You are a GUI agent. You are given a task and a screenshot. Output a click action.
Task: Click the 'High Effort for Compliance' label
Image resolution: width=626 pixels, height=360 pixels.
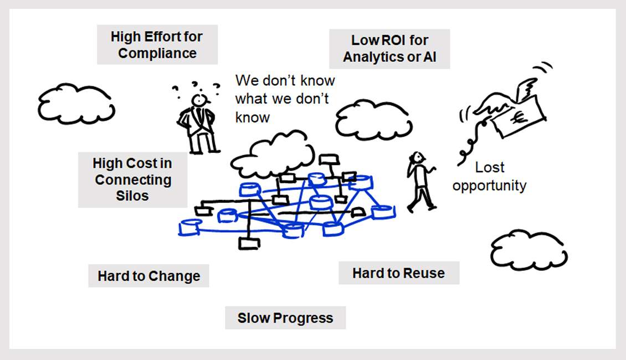coord(157,45)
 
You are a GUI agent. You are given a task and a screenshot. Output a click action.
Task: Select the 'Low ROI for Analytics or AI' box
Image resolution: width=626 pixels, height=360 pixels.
coord(389,49)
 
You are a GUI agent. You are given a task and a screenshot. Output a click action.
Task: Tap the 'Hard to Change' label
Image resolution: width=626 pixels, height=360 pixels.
coord(148,276)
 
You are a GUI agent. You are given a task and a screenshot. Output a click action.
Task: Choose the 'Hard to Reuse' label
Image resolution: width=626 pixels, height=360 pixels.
coord(398,273)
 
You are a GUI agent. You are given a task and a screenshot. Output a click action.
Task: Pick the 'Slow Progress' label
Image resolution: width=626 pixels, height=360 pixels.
coord(285,318)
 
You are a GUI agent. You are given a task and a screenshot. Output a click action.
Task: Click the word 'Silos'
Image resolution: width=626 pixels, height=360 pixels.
coord(132,196)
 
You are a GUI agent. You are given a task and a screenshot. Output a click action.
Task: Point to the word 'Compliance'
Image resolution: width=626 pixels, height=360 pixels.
coord(157,54)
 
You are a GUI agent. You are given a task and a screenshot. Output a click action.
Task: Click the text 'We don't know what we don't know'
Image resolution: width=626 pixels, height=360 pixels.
coord(284,99)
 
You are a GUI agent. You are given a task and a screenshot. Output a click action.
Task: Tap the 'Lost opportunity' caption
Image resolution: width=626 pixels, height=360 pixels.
coord(489,176)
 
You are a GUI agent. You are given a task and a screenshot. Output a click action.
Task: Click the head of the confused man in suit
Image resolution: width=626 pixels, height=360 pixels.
coord(199,100)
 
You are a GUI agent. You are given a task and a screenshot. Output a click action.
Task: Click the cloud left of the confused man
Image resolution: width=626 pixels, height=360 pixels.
coord(76,104)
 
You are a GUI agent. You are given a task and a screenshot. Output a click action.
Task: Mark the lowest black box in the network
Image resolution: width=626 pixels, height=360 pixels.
coord(249,243)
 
